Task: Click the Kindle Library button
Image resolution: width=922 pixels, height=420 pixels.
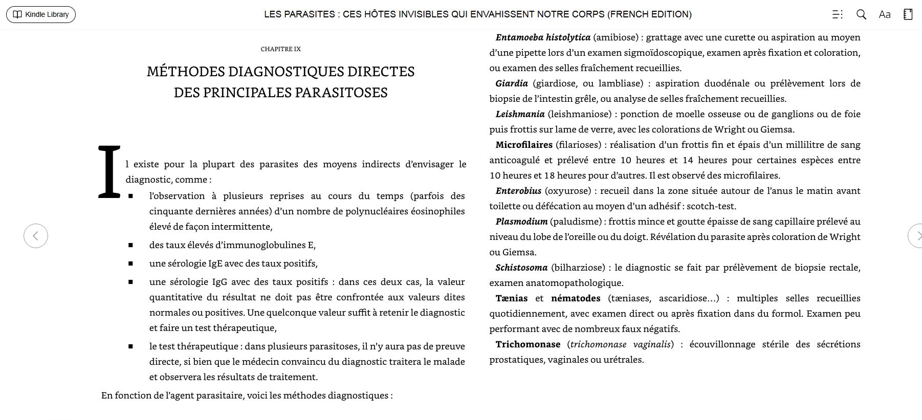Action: [x=41, y=14]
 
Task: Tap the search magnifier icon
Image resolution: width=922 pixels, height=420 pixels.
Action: [x=861, y=14]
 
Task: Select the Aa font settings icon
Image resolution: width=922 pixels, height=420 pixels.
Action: [x=885, y=14]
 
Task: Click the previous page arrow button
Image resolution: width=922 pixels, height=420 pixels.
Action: [x=36, y=236]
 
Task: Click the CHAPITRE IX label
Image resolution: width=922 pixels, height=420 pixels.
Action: [x=281, y=49]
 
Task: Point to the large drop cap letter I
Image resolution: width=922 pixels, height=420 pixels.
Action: [x=109, y=172]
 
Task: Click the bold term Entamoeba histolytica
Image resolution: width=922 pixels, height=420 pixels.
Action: [x=543, y=37]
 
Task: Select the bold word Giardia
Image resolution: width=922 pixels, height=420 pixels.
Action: [x=511, y=83]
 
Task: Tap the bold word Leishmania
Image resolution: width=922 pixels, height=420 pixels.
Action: [x=520, y=114]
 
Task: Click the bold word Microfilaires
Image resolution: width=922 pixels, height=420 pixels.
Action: [x=524, y=145]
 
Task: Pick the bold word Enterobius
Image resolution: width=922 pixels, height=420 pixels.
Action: [x=518, y=191]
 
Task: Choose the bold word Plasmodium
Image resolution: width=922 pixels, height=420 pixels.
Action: [x=521, y=222]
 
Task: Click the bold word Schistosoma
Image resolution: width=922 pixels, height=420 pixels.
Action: [x=521, y=268]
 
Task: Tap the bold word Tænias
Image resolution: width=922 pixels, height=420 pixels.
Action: [x=512, y=298]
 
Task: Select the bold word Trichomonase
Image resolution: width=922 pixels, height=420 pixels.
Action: [x=528, y=344]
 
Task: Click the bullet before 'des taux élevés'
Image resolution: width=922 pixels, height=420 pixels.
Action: [x=131, y=246]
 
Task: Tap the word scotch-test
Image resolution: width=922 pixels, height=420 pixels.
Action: [x=711, y=206]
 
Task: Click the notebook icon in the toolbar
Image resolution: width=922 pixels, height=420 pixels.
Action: [x=908, y=14]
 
